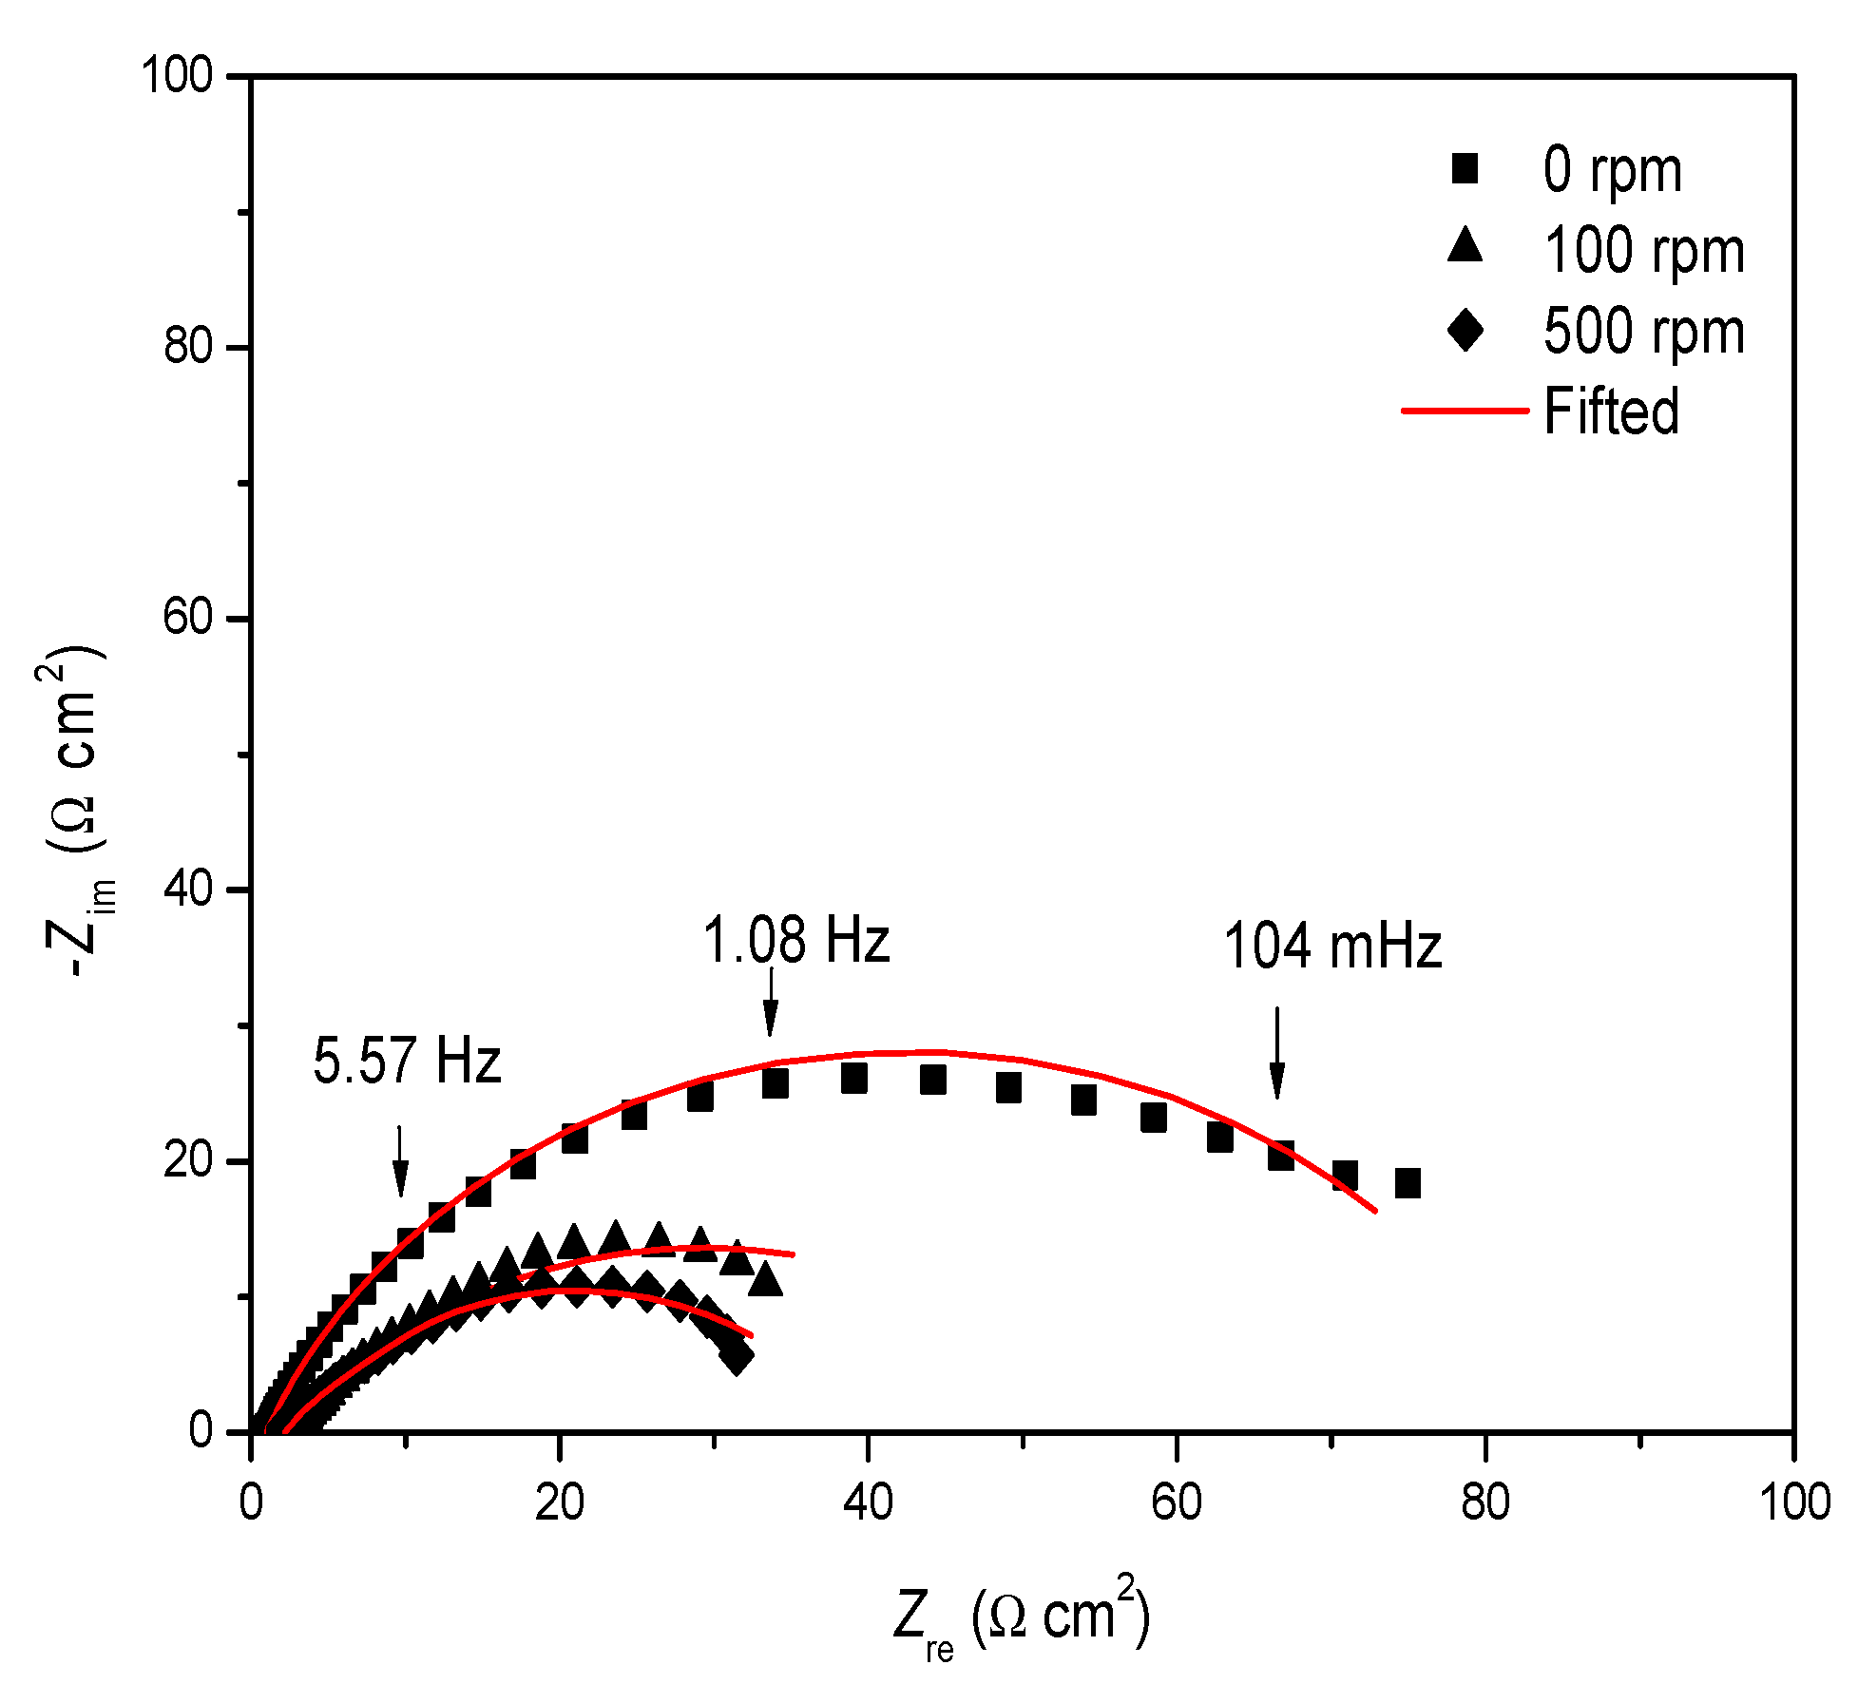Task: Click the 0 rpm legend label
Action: tap(1612, 171)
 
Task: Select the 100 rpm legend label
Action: tap(1644, 252)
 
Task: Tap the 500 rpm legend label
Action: tap(1644, 332)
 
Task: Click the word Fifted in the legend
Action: tap(1612, 411)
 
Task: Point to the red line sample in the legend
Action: tap(1465, 411)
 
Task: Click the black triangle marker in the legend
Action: tap(1465, 246)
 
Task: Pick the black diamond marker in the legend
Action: tap(1465, 330)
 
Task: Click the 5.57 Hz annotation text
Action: tap(407, 1061)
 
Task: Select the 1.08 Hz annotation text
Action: tap(796, 941)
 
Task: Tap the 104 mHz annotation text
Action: tap(1332, 947)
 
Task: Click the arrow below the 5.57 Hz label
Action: tap(400, 1160)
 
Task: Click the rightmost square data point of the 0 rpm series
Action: tap(1408, 1183)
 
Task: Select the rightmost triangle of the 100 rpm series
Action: tap(765, 1281)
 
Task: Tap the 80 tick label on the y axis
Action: tap(187, 346)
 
